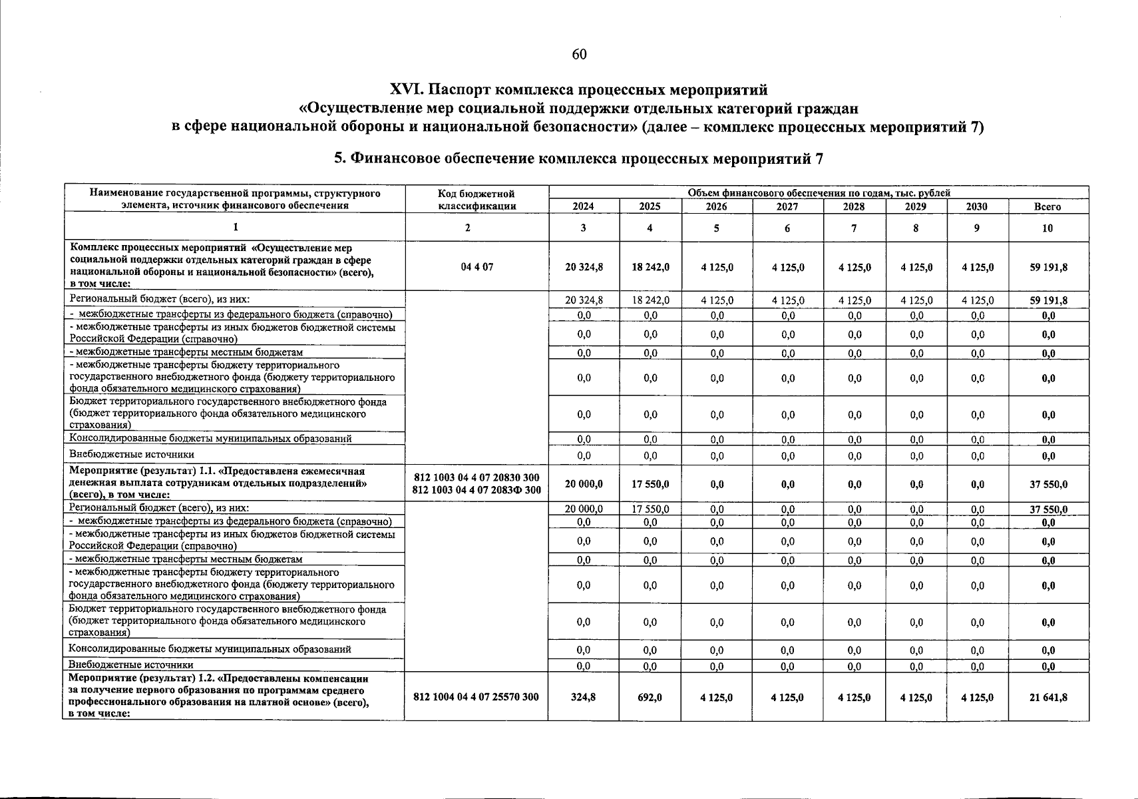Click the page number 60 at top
(x=579, y=55)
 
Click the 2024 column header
(x=583, y=206)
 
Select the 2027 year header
(x=787, y=206)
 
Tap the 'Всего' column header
(x=1047, y=206)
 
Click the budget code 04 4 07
(x=476, y=267)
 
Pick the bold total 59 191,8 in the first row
(x=1047, y=267)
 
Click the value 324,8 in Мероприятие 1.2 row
(x=583, y=697)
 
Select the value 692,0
(x=650, y=697)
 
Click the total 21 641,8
(x=1047, y=697)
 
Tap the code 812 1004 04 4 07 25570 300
(x=476, y=697)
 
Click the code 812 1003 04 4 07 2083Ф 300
(x=476, y=491)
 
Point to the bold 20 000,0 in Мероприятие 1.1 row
(x=583, y=484)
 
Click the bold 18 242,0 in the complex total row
(x=650, y=267)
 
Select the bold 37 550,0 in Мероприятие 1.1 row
(x=1047, y=484)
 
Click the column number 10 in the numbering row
(x=1047, y=228)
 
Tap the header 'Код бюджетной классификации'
(x=476, y=200)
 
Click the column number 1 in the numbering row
(x=235, y=228)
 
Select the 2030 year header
(x=977, y=206)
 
